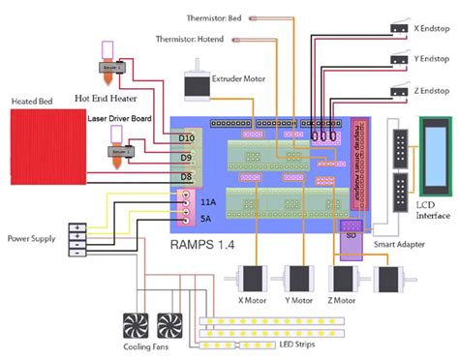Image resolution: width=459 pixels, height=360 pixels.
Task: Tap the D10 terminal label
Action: [186, 136]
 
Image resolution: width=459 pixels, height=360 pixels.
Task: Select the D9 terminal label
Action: [186, 156]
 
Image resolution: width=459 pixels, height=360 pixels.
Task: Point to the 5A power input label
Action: [207, 218]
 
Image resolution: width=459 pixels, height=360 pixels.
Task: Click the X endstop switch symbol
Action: [398, 31]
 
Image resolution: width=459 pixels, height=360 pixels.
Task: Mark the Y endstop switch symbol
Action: [398, 61]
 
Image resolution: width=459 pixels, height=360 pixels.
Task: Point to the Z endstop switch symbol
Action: [398, 92]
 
